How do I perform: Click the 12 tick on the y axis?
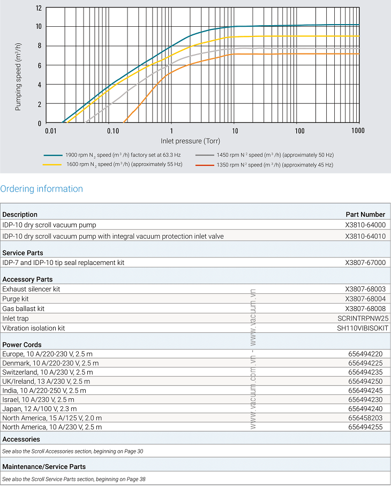point(37,8)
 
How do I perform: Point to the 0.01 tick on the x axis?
point(50,131)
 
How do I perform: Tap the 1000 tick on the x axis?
point(358,131)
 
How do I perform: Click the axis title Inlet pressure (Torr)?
point(190,141)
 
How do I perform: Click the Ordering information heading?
point(42,189)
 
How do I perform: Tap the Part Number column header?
point(365,215)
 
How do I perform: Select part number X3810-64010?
point(365,236)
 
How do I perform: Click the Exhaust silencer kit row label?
point(31,289)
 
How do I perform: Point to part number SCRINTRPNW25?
point(363,318)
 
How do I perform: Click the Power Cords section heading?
point(22,345)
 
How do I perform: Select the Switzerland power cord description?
point(48,372)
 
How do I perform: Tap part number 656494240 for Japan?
point(365,409)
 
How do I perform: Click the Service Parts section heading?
point(23,253)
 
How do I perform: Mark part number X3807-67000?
point(365,263)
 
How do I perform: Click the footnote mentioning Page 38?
point(74,479)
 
